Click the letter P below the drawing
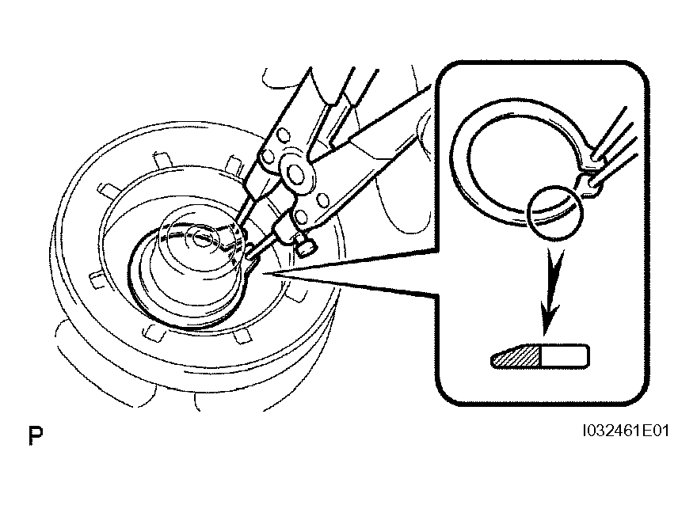36,435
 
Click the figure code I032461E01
626,431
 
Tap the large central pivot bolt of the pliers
295,172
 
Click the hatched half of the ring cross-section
516,356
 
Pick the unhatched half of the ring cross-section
565,355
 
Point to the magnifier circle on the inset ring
554,213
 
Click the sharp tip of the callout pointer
263,274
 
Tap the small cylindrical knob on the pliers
306,246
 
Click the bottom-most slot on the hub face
242,336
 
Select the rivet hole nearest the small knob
302,218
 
